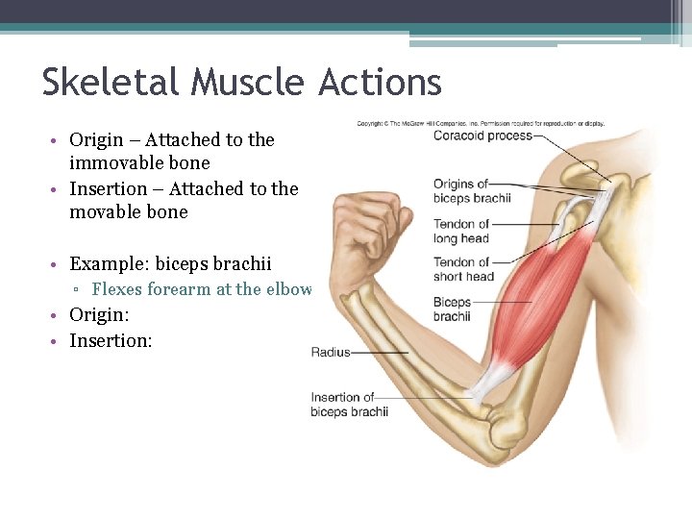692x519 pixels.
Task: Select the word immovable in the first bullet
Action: pyautogui.click(x=112, y=163)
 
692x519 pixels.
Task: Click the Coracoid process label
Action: pyautogui.click(x=482, y=136)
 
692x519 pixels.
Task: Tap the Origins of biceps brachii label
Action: pyautogui.click(x=471, y=191)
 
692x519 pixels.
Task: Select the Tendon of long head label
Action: pyautogui.click(x=460, y=232)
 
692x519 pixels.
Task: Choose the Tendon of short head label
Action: pyautogui.click(x=462, y=269)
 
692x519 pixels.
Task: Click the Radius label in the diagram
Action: pyautogui.click(x=331, y=353)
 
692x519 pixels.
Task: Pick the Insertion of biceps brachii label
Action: pyautogui.click(x=349, y=405)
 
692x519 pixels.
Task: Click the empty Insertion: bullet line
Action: pyautogui.click(x=111, y=340)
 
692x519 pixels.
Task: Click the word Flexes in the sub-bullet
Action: pyautogui.click(x=117, y=289)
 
